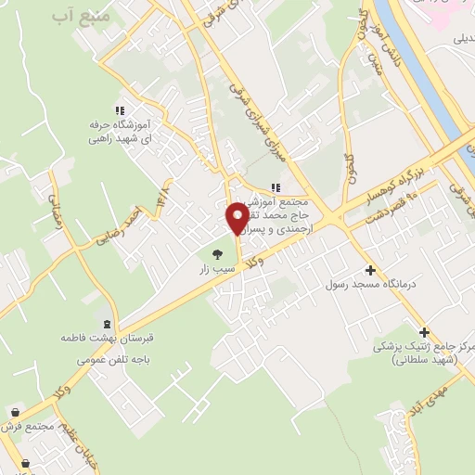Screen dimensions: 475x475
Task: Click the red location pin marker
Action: pos(237,219)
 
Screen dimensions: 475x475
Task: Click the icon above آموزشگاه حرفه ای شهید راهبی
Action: pos(119,108)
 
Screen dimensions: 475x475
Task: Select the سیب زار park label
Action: pos(212,269)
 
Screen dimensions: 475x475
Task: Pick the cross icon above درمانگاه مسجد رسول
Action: pos(371,270)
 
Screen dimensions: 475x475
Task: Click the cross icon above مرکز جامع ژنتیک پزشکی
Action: pos(424,332)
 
